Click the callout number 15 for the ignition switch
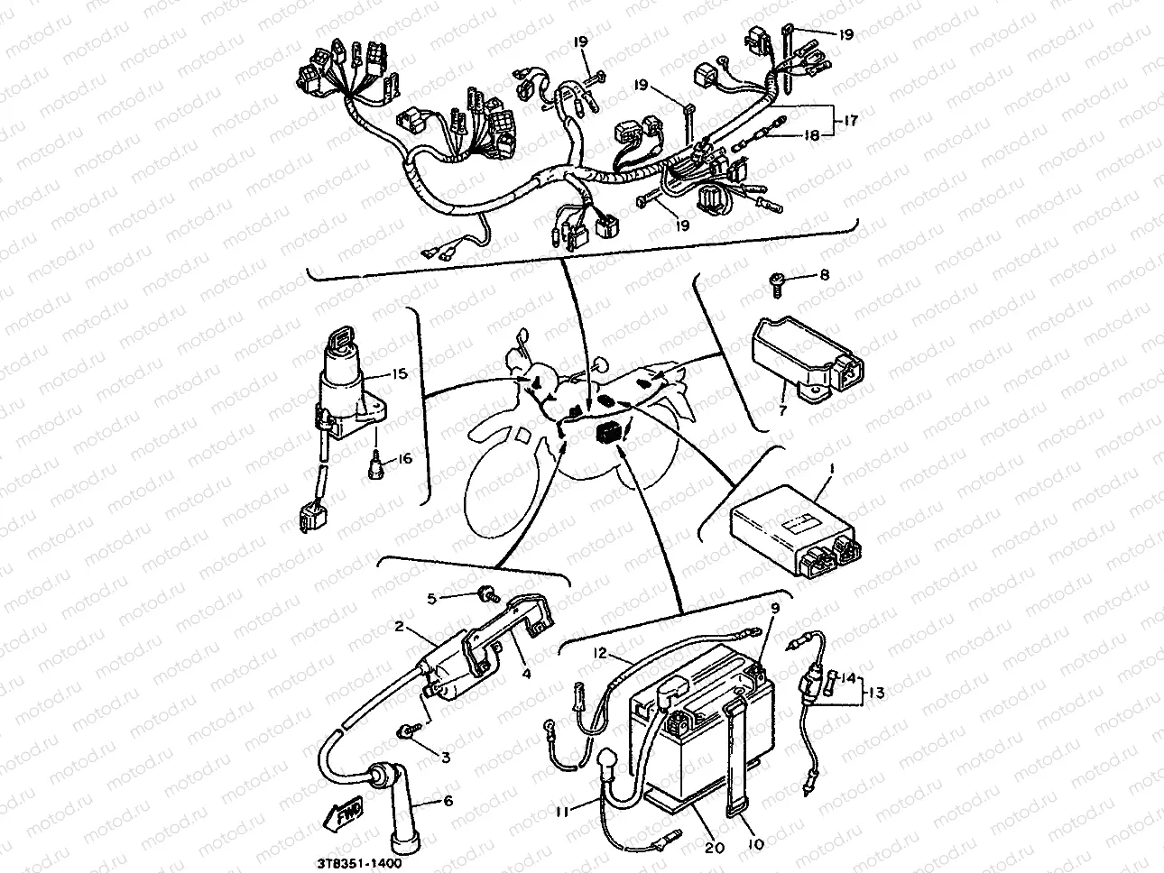click(x=399, y=374)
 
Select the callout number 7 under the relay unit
click(x=783, y=409)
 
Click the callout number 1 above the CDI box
click(x=832, y=469)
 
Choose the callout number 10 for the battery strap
click(x=756, y=845)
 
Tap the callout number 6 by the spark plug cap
click(x=448, y=800)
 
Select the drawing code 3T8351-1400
click(x=355, y=864)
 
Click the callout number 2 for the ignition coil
click(x=399, y=625)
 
